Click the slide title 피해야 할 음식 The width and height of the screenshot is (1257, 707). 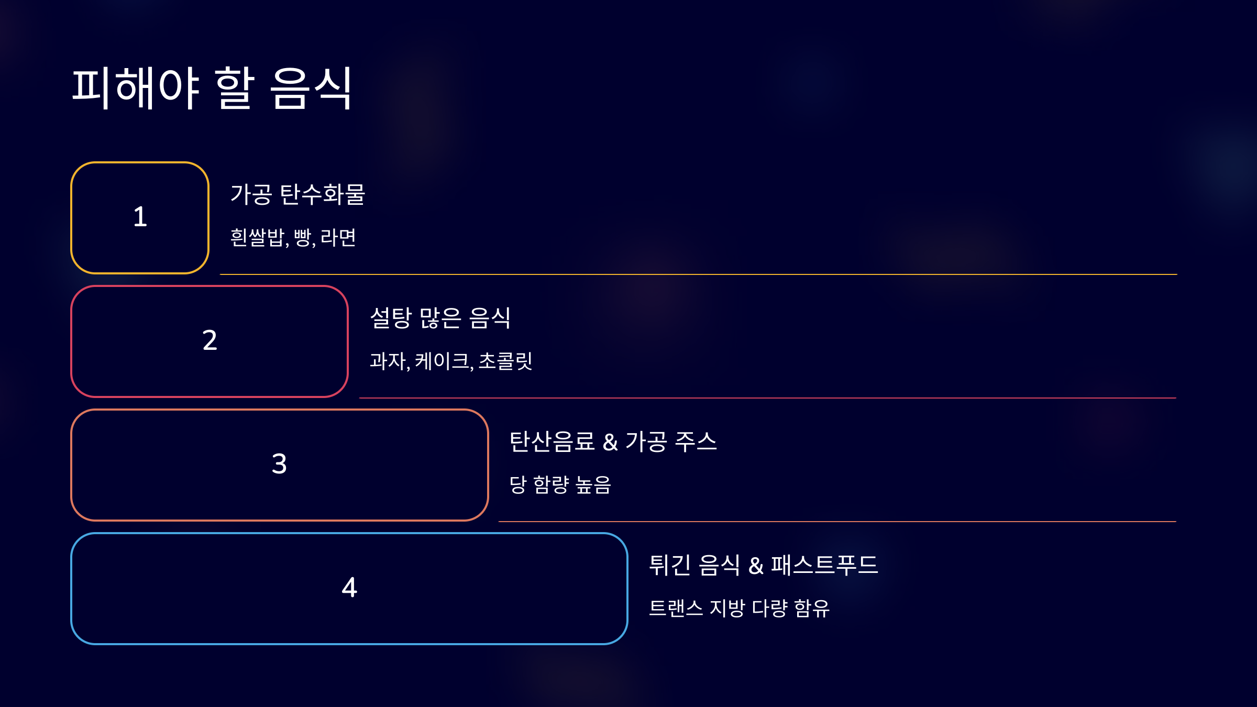pyautogui.click(x=212, y=88)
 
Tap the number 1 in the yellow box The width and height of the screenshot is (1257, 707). pyautogui.click(x=140, y=217)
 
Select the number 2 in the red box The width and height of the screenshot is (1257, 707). pyautogui.click(x=210, y=340)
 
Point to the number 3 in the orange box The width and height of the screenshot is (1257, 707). pyautogui.click(x=279, y=464)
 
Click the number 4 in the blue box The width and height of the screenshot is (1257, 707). pyautogui.click(x=349, y=588)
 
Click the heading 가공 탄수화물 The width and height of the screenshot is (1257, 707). pyautogui.click(x=297, y=194)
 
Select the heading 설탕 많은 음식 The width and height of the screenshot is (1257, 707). pyautogui.click(x=440, y=318)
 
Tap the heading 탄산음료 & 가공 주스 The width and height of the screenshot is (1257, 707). pyautogui.click(x=613, y=441)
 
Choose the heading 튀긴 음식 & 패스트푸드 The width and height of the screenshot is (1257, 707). pyautogui.click(x=763, y=565)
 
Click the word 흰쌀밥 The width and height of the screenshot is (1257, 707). pyautogui.click(x=257, y=237)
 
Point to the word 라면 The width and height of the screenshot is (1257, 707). pyautogui.click(x=338, y=237)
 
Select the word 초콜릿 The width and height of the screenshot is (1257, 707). pyautogui.click(x=505, y=361)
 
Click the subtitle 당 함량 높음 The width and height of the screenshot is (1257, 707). pyautogui.click(x=560, y=484)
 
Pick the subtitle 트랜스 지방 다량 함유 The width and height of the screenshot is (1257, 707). pyautogui.click(x=739, y=608)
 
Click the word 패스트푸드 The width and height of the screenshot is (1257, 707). pyautogui.click(x=824, y=565)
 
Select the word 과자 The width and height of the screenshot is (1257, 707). pyautogui.click(x=388, y=361)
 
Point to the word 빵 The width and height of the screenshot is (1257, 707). pyautogui.click(x=303, y=237)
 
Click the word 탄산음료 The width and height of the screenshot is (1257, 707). pyautogui.click(x=552, y=441)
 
